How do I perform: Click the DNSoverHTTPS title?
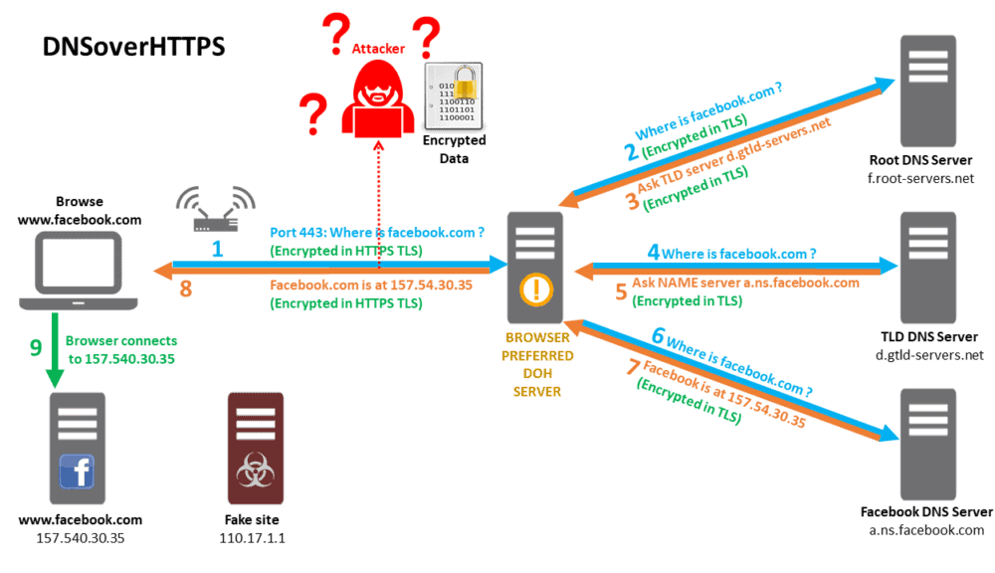pyautogui.click(x=133, y=47)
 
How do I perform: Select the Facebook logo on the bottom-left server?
pyautogui.click(x=77, y=471)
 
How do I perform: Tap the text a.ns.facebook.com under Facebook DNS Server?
pyautogui.click(x=925, y=530)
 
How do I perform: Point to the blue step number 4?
pyautogui.click(x=654, y=253)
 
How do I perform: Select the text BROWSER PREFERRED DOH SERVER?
pyautogui.click(x=537, y=364)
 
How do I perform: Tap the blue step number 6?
pyautogui.click(x=658, y=336)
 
